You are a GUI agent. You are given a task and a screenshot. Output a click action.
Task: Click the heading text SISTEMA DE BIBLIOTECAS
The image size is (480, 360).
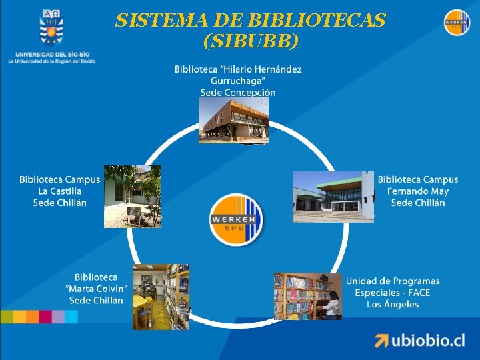coord(250,21)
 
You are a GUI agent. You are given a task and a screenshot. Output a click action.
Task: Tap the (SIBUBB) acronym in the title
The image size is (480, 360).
coord(250,41)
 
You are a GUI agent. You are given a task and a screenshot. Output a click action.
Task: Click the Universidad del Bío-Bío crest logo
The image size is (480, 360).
coord(51,27)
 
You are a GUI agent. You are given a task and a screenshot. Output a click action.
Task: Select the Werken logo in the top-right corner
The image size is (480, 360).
coord(457,23)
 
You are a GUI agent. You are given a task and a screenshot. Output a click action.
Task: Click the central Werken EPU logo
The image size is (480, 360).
coord(237,221)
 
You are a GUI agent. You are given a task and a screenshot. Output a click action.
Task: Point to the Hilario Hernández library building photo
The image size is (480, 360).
coord(234,120)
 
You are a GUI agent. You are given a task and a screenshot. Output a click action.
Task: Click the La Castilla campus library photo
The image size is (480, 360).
coord(132,196)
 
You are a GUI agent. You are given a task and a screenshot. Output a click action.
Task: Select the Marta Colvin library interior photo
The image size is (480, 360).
coord(160,296)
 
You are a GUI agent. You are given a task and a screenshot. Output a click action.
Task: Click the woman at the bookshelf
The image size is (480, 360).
coord(331,302)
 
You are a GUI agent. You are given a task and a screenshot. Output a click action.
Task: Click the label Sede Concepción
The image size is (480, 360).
coord(237,93)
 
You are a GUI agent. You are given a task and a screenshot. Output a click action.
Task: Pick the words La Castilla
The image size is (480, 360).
coord(60,191)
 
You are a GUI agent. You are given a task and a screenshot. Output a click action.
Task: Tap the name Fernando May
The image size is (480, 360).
coord(418,191)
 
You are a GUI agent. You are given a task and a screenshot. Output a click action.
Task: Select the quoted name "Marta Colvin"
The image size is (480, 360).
coord(96,289)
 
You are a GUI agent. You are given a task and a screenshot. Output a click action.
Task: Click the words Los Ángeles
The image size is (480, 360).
coord(393,305)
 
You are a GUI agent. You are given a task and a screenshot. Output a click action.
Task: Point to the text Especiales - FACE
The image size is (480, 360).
coord(393,293)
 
